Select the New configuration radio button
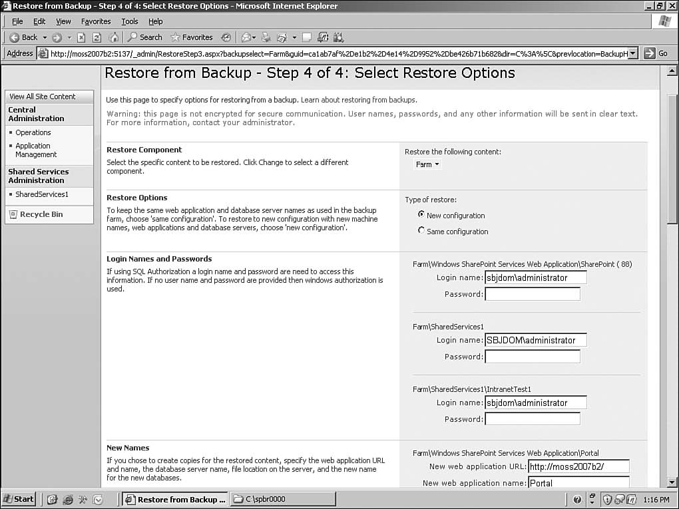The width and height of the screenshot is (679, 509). click(x=421, y=214)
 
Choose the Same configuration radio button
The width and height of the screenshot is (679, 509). click(x=421, y=230)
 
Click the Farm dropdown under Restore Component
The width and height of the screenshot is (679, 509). click(x=427, y=164)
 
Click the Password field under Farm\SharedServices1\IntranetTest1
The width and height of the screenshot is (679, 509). click(x=532, y=419)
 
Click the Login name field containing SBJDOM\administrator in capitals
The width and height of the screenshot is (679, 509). click(x=536, y=340)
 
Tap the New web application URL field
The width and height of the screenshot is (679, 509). click(x=578, y=466)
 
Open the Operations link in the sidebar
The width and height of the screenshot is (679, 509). click(x=33, y=132)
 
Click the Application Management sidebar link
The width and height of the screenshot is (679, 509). click(x=36, y=150)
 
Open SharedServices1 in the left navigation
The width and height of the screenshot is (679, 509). click(x=42, y=194)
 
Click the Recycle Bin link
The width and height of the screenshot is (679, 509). click(x=41, y=214)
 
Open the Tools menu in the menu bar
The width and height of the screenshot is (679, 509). click(x=129, y=21)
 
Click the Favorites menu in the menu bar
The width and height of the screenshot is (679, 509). click(x=96, y=21)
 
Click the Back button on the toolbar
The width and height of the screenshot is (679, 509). click(x=24, y=37)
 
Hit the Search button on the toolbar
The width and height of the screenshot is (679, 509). click(x=145, y=37)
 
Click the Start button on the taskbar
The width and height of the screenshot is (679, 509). click(x=19, y=499)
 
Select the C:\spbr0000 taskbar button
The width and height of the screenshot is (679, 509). click(x=283, y=499)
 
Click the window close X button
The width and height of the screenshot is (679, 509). click(x=670, y=6)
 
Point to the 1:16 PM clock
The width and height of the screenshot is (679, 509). click(x=656, y=499)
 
